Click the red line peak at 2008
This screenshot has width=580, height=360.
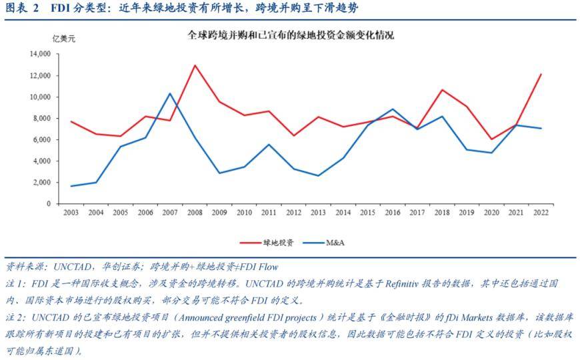tap(195, 65)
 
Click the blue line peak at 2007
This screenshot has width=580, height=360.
tap(170, 93)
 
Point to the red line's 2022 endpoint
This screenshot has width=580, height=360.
tap(541, 74)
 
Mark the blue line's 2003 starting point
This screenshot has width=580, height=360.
tap(71, 186)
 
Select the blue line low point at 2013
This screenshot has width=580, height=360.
tap(318, 176)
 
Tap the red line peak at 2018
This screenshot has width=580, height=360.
tap(441, 89)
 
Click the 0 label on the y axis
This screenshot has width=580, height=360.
tap(49, 203)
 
